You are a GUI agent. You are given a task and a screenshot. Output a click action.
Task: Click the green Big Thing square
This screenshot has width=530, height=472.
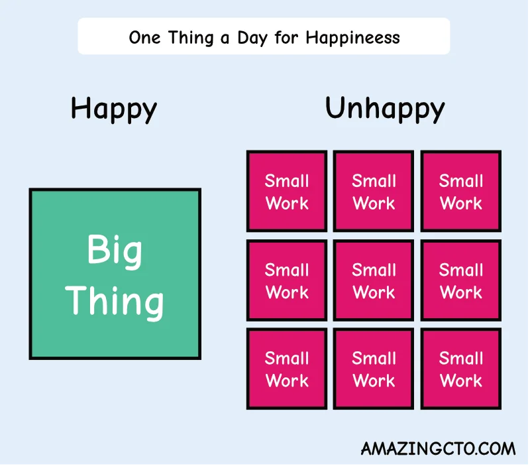tap(115, 274)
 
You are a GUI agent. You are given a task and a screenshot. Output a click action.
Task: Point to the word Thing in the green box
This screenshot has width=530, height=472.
tap(115, 301)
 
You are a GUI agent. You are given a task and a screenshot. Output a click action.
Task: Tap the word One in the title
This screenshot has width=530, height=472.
tap(143, 37)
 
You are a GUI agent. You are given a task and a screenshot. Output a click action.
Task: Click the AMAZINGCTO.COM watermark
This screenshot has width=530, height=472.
tap(438, 449)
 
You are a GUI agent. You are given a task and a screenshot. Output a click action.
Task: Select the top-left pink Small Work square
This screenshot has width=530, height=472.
tap(287, 192)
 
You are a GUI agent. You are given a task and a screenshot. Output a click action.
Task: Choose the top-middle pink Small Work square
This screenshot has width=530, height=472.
tap(374, 192)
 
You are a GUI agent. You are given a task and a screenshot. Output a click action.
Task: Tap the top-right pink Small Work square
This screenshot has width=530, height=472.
tap(461, 192)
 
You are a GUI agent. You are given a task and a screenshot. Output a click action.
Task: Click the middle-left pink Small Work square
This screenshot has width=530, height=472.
tap(287, 280)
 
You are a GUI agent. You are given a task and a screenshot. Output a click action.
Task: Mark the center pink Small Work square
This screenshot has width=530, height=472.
tap(374, 280)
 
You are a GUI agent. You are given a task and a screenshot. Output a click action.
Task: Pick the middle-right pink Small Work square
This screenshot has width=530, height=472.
tap(461, 280)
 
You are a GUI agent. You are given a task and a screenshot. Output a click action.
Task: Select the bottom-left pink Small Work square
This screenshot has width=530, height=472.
tap(287, 369)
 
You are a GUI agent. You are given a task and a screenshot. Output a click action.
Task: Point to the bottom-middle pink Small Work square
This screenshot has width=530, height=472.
tap(374, 369)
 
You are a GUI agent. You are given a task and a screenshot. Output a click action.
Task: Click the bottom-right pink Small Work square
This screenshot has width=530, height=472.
tap(461, 369)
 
